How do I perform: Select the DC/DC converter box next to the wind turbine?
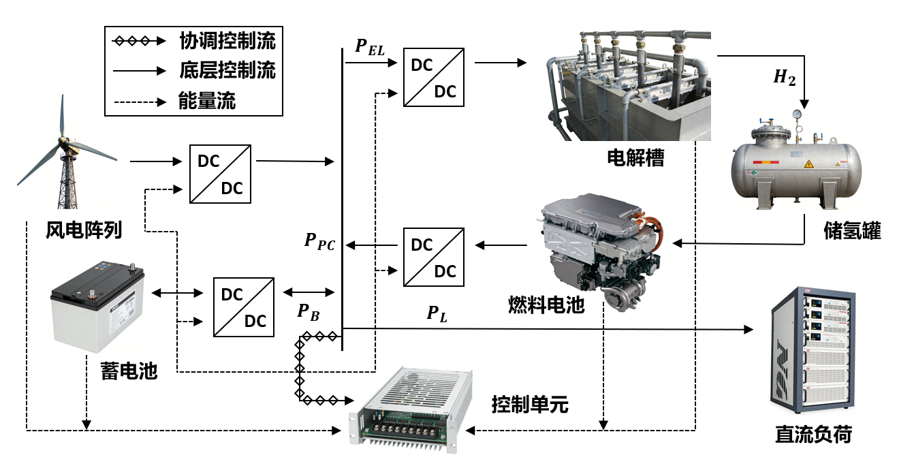pyautogui.click(x=220, y=173)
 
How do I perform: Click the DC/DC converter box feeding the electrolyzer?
pyautogui.click(x=434, y=76)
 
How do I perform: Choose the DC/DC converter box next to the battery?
pyautogui.click(x=243, y=307)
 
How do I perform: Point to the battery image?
pyautogui.click(x=99, y=306)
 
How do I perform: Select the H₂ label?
pyautogui.click(x=784, y=78)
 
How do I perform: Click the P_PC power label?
pyautogui.click(x=319, y=241)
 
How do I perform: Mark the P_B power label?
pyautogui.click(x=308, y=312)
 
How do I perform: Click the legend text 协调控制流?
pyautogui.click(x=227, y=41)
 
